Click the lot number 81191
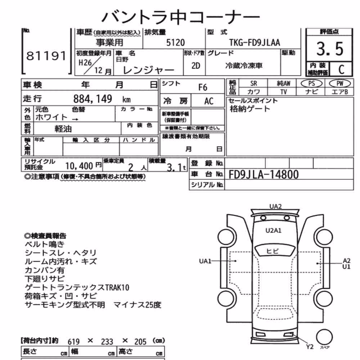tap(46, 56)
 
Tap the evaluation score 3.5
tap(330, 49)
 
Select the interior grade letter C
tap(341, 69)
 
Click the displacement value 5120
tap(175, 43)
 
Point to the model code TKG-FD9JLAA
tap(255, 43)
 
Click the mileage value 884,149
tap(93, 99)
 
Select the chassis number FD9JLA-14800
tap(264, 175)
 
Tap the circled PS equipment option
tap(311, 84)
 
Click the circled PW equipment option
tap(339, 84)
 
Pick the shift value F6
tap(202, 87)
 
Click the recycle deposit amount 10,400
tap(79, 166)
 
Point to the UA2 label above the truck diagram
tap(275, 206)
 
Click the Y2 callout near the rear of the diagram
tap(310, 346)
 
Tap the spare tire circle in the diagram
tap(324, 337)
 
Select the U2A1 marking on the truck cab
tap(273, 230)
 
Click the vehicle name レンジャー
tap(149, 70)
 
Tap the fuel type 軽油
tap(63, 129)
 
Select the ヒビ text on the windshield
tap(273, 251)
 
